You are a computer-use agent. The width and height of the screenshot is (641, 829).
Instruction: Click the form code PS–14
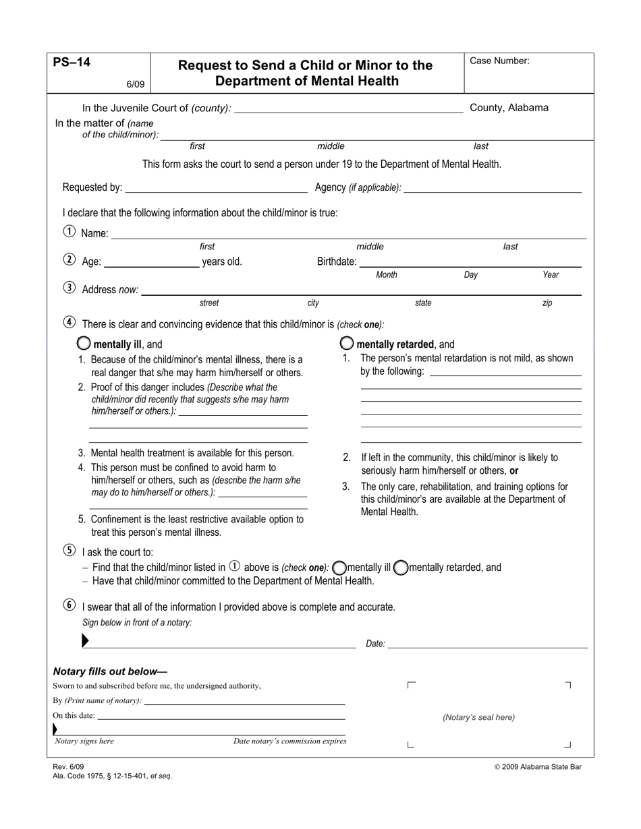click(72, 63)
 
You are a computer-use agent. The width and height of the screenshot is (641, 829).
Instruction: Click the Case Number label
click(499, 61)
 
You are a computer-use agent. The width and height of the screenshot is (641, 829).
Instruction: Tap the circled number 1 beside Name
click(69, 232)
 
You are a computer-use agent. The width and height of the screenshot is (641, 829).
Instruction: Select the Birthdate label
click(337, 262)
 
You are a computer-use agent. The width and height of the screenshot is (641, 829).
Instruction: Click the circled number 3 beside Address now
click(69, 288)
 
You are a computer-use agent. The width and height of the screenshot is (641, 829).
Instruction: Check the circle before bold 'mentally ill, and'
click(84, 343)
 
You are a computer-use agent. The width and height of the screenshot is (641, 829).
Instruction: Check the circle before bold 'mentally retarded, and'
click(347, 343)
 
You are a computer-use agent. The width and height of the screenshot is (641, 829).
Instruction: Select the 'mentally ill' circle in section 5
click(340, 567)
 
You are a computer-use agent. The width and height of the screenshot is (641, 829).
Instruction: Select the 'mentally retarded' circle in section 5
click(401, 567)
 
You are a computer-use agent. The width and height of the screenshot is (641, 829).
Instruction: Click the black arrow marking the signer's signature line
click(85, 641)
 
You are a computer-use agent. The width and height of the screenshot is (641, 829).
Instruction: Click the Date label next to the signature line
click(375, 644)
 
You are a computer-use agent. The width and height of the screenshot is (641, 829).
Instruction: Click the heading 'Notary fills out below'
click(110, 671)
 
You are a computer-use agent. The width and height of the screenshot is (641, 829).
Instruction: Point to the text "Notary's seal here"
click(478, 717)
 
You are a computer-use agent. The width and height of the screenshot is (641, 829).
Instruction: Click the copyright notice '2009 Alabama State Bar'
click(538, 766)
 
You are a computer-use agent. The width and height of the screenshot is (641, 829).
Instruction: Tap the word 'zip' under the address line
click(547, 303)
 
